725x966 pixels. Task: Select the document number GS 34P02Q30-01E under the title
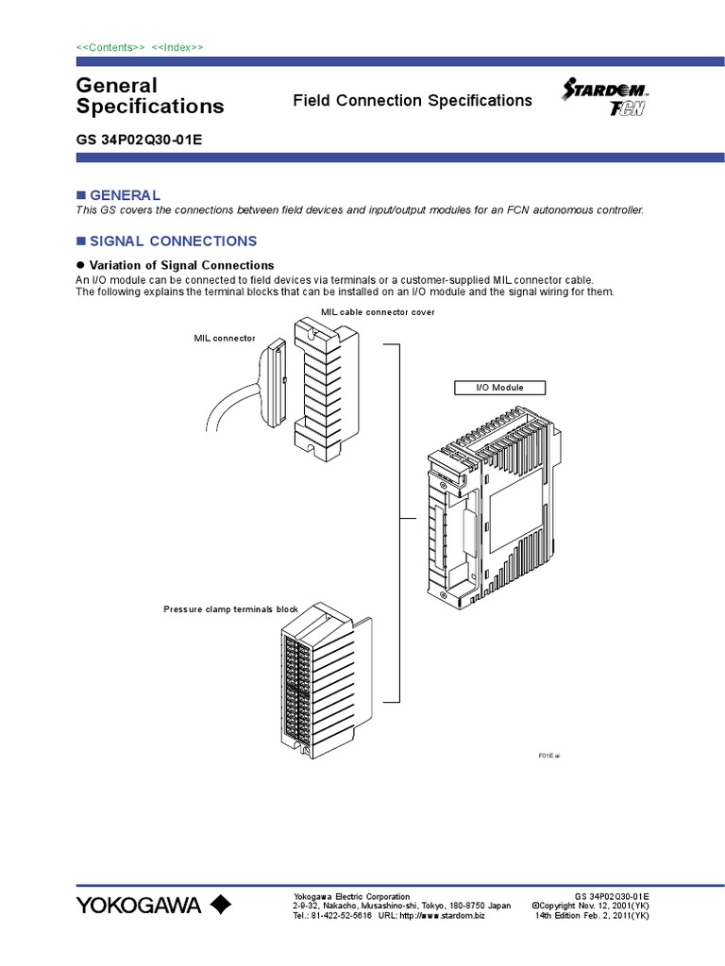[x=139, y=140]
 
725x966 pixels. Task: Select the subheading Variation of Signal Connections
[x=181, y=265]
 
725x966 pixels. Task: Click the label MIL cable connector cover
[x=378, y=312]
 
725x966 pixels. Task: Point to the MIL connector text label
[x=225, y=337]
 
